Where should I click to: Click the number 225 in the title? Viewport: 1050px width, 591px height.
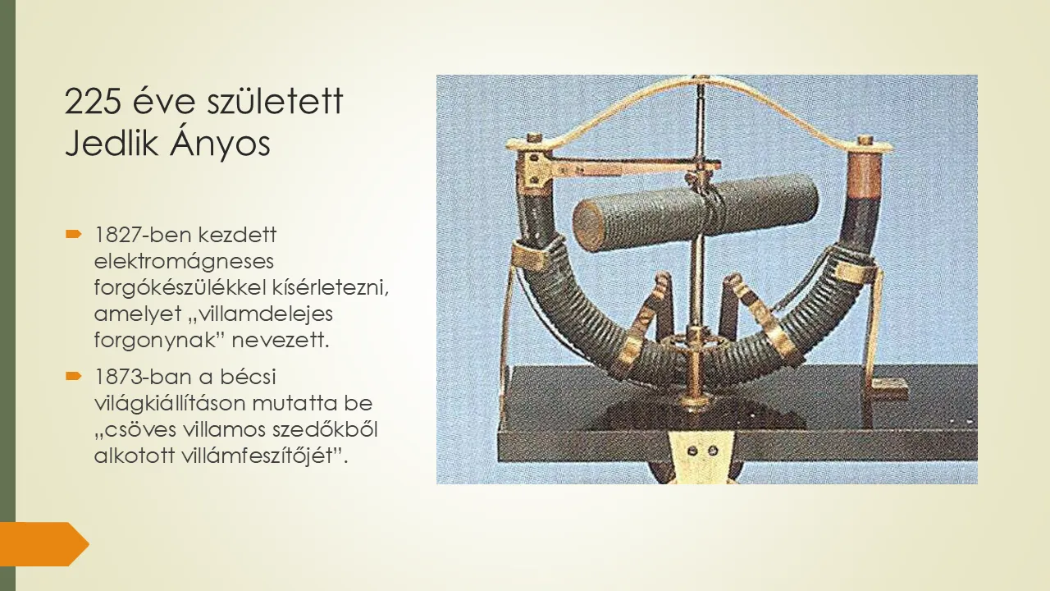pos(94,101)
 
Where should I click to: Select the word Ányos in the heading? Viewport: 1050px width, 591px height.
pos(221,142)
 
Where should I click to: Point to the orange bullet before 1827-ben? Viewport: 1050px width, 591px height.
pos(74,234)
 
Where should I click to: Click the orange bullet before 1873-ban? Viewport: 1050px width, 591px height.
pos(74,376)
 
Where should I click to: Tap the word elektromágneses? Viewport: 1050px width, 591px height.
pos(184,261)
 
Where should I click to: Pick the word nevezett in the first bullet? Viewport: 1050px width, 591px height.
pos(281,340)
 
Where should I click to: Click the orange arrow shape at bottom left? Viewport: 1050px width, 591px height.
pos(44,544)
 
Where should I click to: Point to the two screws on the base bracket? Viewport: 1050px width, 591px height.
pos(702,451)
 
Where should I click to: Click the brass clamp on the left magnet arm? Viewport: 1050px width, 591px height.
pos(531,254)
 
